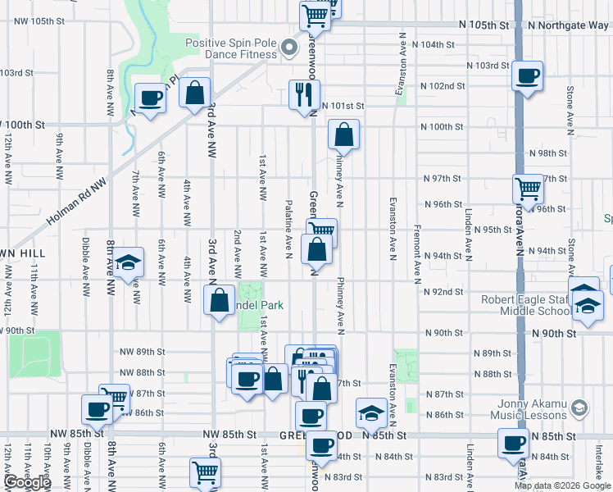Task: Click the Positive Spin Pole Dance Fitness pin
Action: point(288,48)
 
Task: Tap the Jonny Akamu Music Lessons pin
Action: point(579,408)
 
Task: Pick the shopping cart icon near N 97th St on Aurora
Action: point(528,189)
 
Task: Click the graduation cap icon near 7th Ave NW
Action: point(128,262)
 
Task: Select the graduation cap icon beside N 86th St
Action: point(371,414)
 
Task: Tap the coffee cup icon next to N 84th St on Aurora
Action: point(514,444)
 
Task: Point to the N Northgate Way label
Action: point(568,25)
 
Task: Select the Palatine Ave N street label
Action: point(288,227)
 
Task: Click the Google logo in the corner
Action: point(27,482)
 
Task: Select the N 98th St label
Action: point(548,153)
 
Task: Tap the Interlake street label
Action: point(599,462)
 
